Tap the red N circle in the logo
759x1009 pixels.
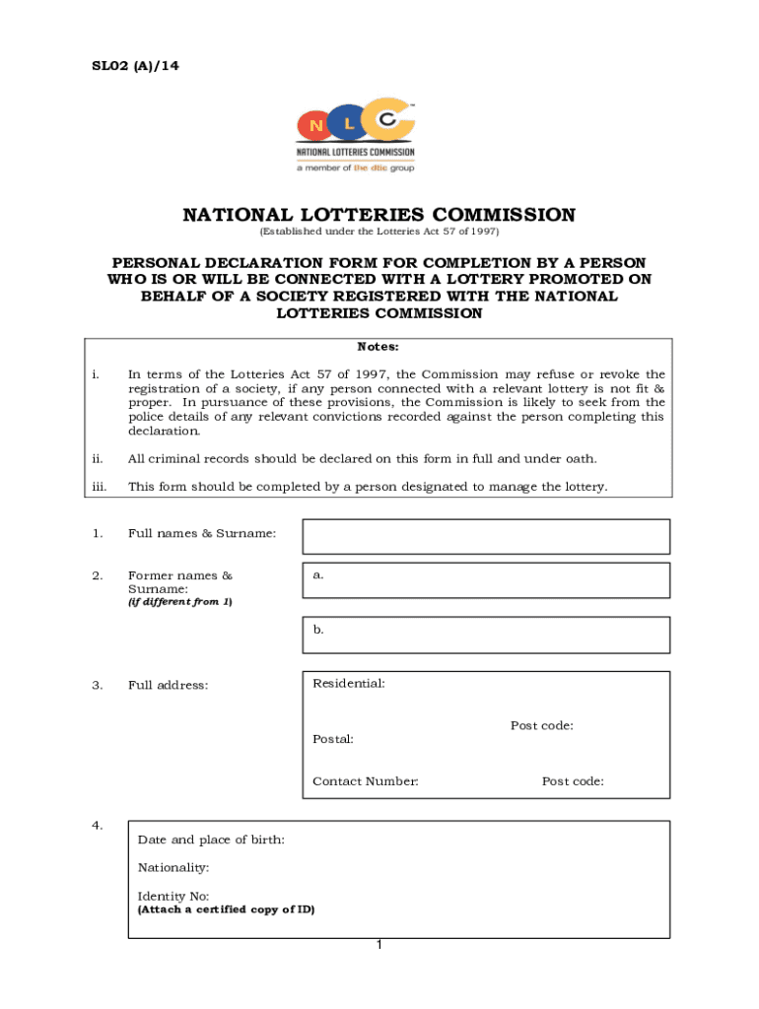pyautogui.click(x=316, y=126)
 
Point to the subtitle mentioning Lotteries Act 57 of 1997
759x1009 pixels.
pyautogui.click(x=379, y=232)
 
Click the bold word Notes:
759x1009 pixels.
pyautogui.click(x=379, y=347)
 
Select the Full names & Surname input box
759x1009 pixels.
pyautogui.click(x=485, y=537)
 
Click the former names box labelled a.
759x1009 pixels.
pyautogui.click(x=485, y=580)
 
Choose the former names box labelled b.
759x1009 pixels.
pyautogui.click(x=485, y=635)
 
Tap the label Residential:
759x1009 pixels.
pyautogui.click(x=349, y=684)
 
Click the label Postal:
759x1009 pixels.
pyautogui.click(x=333, y=739)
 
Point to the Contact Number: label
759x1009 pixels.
pyautogui.click(x=366, y=781)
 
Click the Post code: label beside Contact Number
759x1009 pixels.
pyautogui.click(x=573, y=781)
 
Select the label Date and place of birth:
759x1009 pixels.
pyautogui.click(x=211, y=840)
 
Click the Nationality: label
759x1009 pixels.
pyautogui.click(x=173, y=868)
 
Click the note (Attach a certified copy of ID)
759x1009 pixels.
pyautogui.click(x=226, y=909)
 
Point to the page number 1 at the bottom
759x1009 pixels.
pyautogui.click(x=379, y=946)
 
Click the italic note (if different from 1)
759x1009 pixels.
pyautogui.click(x=180, y=602)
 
